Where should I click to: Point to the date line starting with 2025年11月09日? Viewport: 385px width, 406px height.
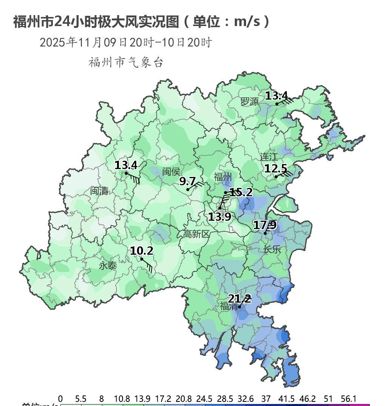126,42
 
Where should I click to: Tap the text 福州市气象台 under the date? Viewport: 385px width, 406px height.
126,62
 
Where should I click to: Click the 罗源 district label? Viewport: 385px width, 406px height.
250,101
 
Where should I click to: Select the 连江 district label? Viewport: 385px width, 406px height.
269,156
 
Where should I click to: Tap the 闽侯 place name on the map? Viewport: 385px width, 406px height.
171,172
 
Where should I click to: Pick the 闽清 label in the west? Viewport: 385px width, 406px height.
99,191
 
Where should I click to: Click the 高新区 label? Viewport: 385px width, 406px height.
196,234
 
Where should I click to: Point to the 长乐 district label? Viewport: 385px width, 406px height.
272,249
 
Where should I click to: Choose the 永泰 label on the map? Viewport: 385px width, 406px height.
108,266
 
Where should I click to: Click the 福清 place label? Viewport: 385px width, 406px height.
229,306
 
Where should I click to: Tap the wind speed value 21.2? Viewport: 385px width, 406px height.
239,299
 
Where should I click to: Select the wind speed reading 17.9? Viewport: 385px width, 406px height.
265,225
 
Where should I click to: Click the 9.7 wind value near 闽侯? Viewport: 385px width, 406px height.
187,181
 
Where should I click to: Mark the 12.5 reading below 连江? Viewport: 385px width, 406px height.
276,168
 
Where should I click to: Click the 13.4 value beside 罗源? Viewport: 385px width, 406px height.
276,96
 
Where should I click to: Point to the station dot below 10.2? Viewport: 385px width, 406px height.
142,259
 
